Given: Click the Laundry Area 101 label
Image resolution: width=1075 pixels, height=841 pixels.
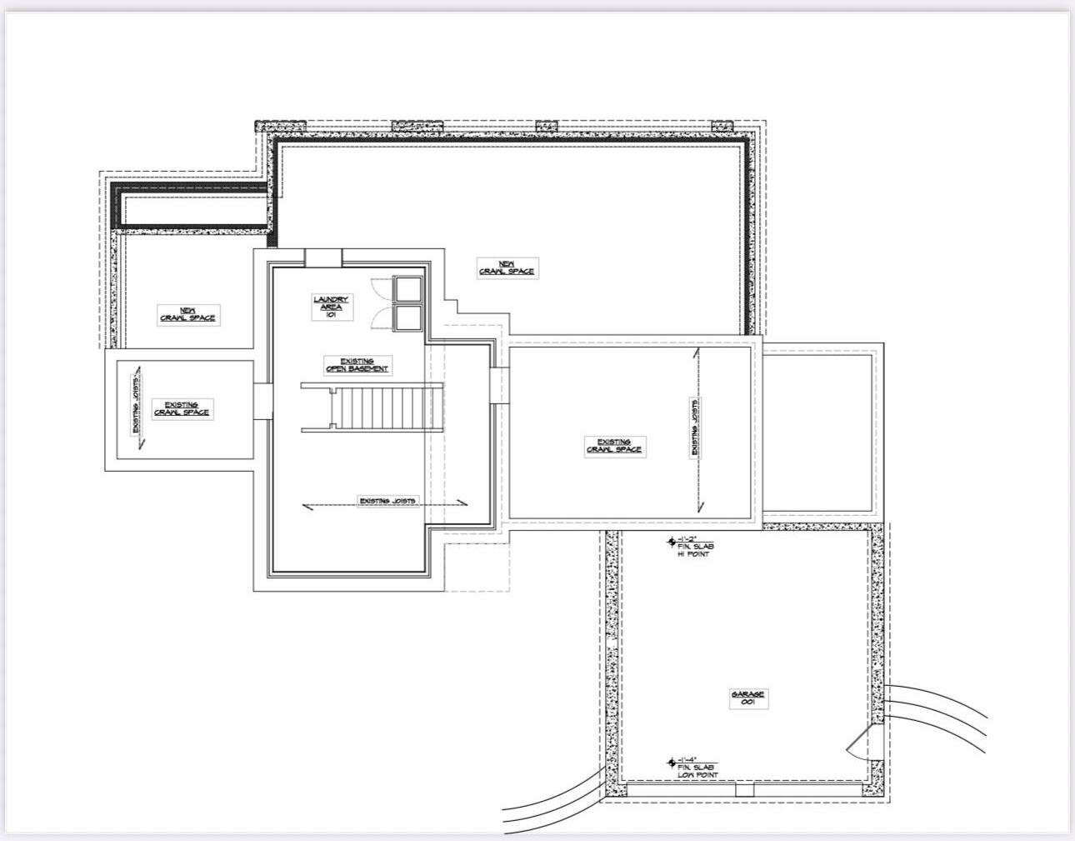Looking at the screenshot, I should tap(331, 307).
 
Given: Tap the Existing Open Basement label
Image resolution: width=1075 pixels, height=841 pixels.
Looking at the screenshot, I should tap(357, 365).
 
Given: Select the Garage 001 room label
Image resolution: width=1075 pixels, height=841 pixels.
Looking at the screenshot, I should tap(747, 698).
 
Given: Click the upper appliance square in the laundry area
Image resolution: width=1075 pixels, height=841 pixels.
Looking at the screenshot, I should tap(408, 288).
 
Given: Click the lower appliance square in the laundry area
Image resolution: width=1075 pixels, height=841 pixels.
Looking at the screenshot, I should tap(408, 318).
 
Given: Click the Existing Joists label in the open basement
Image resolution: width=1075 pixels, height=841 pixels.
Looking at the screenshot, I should tap(387, 501).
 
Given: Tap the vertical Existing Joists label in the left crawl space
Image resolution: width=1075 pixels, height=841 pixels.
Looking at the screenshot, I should tap(136, 404).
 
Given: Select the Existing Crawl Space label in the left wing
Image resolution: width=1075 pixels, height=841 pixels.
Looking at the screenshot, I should tap(182, 408).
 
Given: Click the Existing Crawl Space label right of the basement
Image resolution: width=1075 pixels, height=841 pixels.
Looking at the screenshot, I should tap(613, 446).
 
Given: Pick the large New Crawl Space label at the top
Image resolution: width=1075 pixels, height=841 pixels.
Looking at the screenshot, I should tap(507, 268).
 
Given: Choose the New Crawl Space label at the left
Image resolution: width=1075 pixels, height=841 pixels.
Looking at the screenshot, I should tap(188, 314).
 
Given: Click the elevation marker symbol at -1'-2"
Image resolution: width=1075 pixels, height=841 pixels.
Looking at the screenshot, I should tap(671, 541).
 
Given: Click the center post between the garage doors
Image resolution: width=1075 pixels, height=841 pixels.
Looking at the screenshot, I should tap(744, 789).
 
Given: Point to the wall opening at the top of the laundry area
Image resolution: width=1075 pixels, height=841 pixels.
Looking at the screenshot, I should tap(322, 258).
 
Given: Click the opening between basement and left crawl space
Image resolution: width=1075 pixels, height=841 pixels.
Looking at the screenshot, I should tap(262, 400).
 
